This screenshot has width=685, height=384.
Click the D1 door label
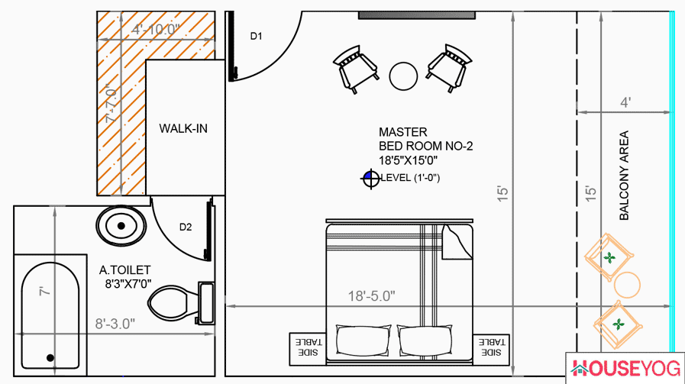257,36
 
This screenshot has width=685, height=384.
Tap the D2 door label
186,227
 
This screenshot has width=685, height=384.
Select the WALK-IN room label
183,128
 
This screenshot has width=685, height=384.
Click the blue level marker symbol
371,179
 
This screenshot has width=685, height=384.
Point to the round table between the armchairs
403,76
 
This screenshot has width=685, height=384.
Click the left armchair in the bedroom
357,68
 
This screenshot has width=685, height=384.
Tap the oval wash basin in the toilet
121,226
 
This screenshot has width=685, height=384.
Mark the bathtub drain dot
50,357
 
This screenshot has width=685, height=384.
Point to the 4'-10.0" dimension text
156,30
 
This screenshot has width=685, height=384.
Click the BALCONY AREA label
624,176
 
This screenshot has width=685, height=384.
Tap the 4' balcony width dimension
625,102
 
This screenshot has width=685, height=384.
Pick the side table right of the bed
492,347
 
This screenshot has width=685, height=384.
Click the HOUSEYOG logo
625,369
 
